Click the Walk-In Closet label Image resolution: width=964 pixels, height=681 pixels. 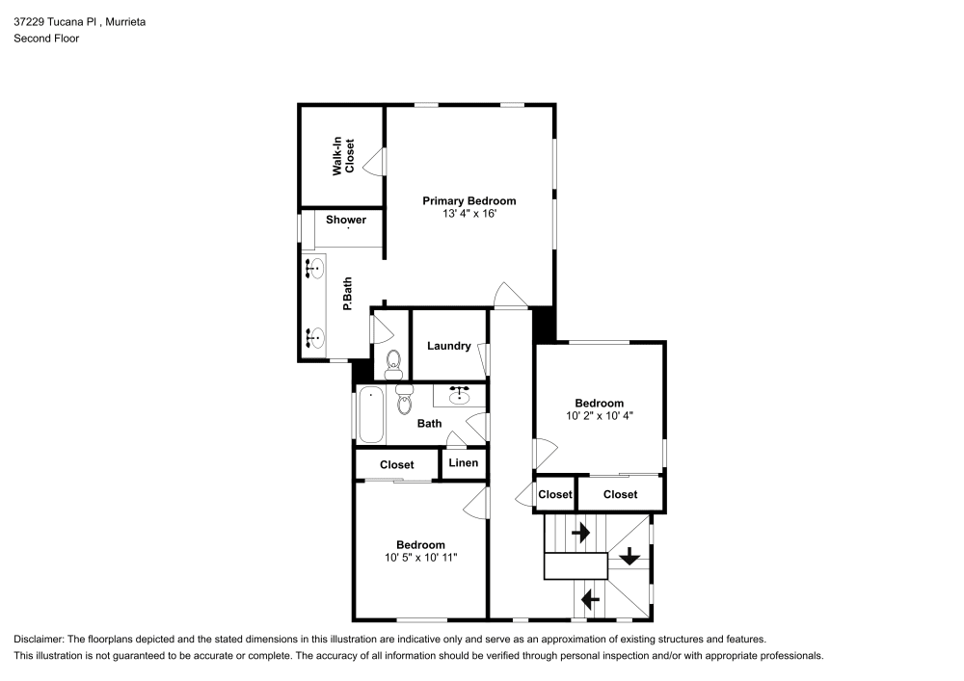click(x=344, y=156)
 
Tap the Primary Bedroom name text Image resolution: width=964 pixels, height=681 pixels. click(x=469, y=201)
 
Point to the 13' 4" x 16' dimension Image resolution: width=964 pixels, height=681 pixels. click(x=469, y=214)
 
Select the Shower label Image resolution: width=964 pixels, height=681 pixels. click(x=345, y=220)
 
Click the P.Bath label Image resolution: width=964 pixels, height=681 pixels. click(x=347, y=293)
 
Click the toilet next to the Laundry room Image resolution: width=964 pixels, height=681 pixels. click(x=393, y=361)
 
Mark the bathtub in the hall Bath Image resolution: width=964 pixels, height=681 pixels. click(x=371, y=414)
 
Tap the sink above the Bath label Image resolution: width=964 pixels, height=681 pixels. click(x=459, y=393)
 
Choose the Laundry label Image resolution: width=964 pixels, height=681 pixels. click(x=448, y=346)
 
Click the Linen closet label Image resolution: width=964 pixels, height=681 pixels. click(x=464, y=463)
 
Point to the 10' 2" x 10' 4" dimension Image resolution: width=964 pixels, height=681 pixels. click(x=600, y=416)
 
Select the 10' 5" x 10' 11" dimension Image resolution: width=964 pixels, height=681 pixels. click(x=419, y=558)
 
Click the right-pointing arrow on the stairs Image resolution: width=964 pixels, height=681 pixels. click(x=580, y=532)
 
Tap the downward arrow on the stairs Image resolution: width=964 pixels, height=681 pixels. click(x=629, y=556)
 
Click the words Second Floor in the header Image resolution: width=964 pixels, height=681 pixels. click(x=46, y=39)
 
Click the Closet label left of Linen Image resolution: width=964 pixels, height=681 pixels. click(x=396, y=464)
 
